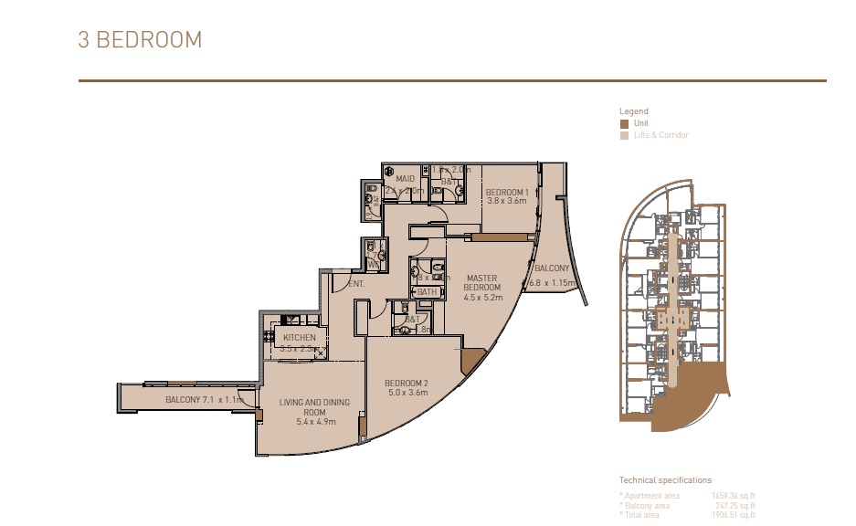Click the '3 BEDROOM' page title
click(140, 40)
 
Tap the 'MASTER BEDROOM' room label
click(481, 282)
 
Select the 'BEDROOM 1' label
click(508, 191)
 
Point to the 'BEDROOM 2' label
click(407, 383)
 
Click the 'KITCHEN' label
click(299, 337)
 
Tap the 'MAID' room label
click(405, 179)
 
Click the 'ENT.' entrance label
click(356, 284)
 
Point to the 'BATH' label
click(427, 292)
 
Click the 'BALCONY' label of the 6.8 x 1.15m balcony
click(552, 268)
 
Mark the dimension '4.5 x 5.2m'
click(482, 297)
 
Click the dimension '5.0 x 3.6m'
click(407, 393)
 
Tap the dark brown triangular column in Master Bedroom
click(472, 360)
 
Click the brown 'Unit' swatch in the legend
click(624, 123)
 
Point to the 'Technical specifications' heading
click(665, 479)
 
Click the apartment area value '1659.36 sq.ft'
click(733, 496)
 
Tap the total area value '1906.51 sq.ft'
click(733, 515)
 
